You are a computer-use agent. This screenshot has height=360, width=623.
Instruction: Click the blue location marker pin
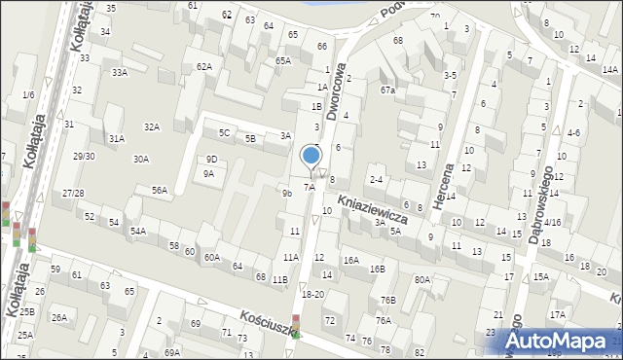(311, 156)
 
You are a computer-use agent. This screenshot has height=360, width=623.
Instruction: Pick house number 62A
(203, 66)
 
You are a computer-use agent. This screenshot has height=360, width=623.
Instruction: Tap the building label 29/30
(84, 156)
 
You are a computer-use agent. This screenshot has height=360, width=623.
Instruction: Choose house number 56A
(160, 190)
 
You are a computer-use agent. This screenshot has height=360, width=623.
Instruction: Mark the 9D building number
(211, 159)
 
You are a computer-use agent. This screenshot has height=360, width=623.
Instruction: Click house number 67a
(387, 90)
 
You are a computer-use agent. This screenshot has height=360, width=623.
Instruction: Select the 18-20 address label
(312, 294)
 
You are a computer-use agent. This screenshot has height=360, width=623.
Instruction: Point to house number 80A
(421, 280)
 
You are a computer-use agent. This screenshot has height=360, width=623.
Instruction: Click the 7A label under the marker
(309, 187)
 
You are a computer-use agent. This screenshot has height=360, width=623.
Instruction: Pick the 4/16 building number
(552, 222)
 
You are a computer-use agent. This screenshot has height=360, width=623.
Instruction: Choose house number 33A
(119, 73)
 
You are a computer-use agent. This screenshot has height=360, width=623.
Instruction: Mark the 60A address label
(212, 257)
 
